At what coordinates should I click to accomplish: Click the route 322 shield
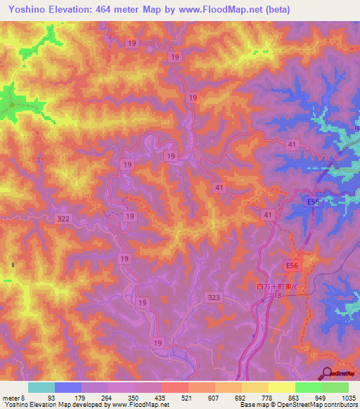click(x=64, y=220)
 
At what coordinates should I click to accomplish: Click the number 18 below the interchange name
click(x=278, y=297)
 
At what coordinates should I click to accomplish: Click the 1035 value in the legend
click(x=349, y=397)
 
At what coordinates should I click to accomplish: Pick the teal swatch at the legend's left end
click(x=41, y=387)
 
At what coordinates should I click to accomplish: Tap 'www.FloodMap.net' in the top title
click(x=225, y=9)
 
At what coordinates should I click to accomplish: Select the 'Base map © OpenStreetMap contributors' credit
click(x=299, y=405)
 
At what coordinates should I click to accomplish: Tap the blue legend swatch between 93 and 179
click(x=67, y=387)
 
